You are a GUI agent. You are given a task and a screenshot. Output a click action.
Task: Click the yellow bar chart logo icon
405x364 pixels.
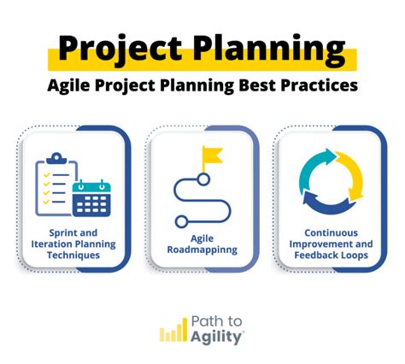(173, 330)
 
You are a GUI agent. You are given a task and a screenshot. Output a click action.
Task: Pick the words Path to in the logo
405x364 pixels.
(217, 320)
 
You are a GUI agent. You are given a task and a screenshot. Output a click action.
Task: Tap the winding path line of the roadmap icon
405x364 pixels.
(202, 198)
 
